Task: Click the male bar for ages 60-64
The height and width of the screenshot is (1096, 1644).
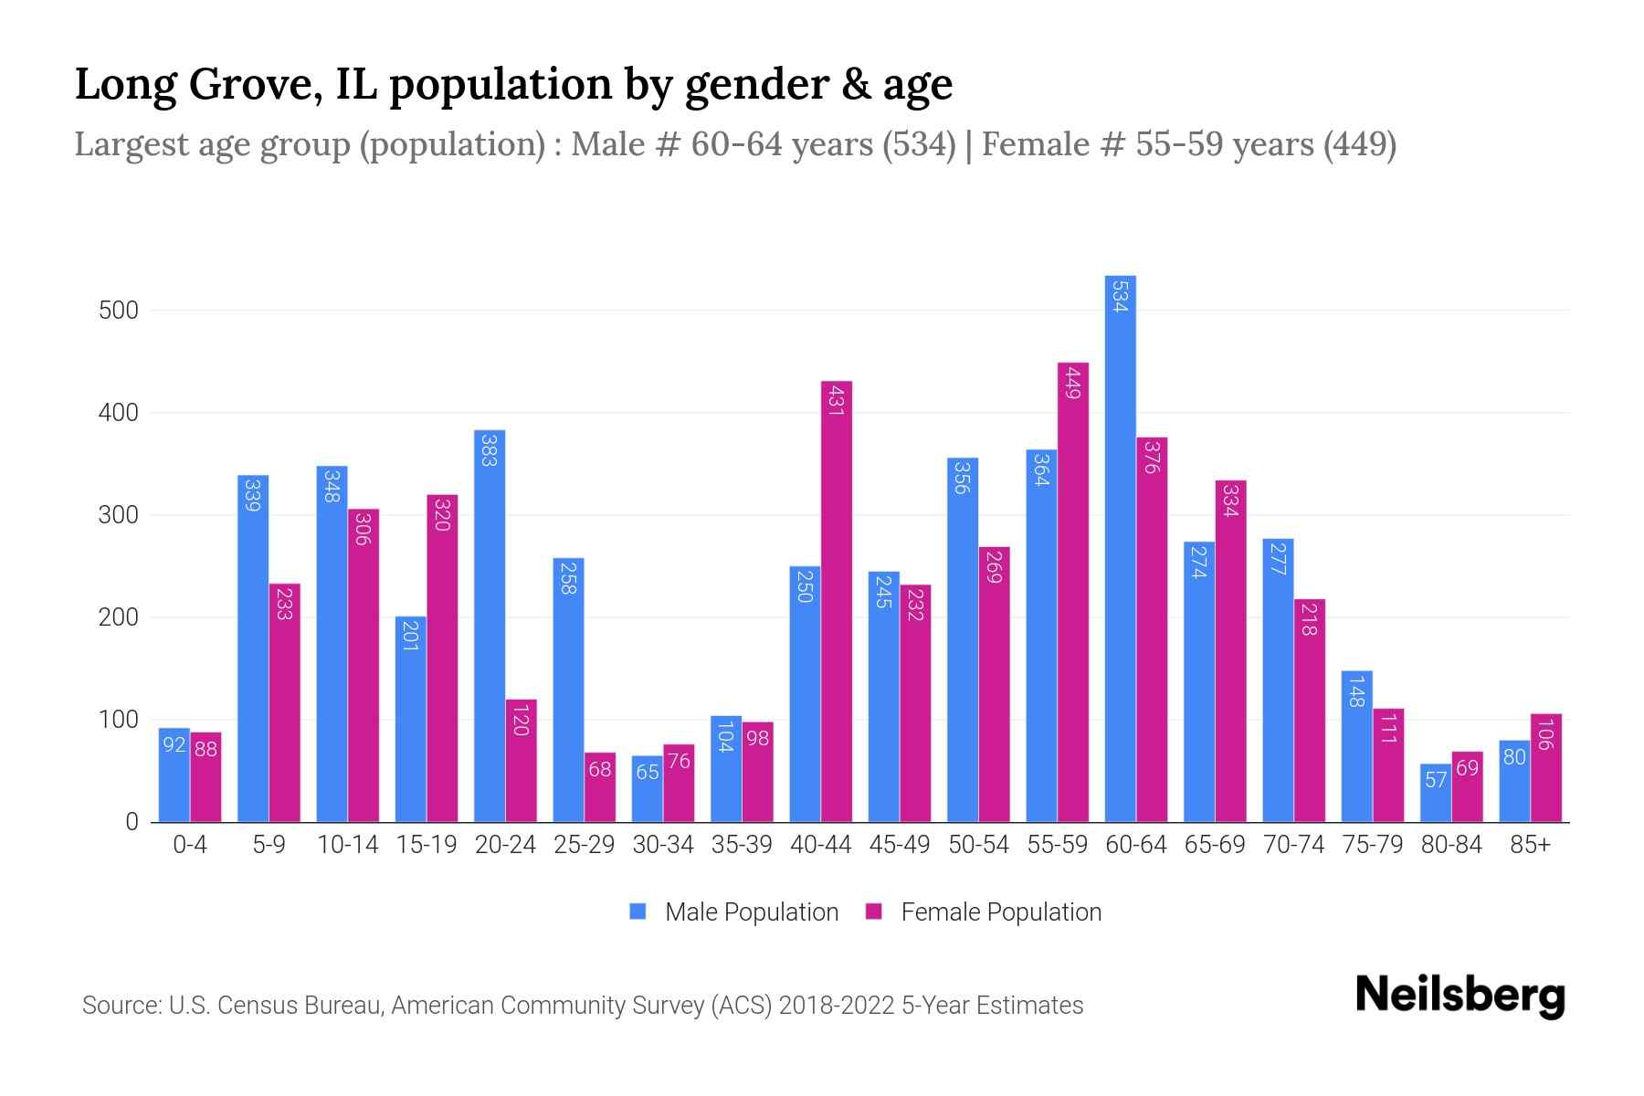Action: pyautogui.click(x=1120, y=548)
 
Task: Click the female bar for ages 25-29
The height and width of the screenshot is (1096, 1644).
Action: pyautogui.click(x=600, y=787)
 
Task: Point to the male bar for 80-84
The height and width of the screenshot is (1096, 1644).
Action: pyautogui.click(x=1435, y=793)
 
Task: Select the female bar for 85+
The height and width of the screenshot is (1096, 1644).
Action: pyautogui.click(x=1545, y=767)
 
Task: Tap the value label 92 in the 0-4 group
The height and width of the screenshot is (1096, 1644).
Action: pyautogui.click(x=174, y=745)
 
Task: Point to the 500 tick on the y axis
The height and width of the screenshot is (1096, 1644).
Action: pyautogui.click(x=119, y=311)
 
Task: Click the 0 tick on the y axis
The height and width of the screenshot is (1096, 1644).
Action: pyautogui.click(x=132, y=822)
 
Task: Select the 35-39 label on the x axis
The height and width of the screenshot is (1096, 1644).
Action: pyautogui.click(x=742, y=845)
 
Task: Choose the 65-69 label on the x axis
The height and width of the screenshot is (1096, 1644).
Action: pyautogui.click(x=1215, y=845)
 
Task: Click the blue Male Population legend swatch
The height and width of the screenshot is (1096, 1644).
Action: pyautogui.click(x=638, y=912)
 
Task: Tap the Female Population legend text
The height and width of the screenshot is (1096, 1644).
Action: pyautogui.click(x=1001, y=912)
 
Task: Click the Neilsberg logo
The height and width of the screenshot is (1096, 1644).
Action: pyautogui.click(x=1460, y=996)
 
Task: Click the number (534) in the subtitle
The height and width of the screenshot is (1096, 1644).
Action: pyautogui.click(x=920, y=144)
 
